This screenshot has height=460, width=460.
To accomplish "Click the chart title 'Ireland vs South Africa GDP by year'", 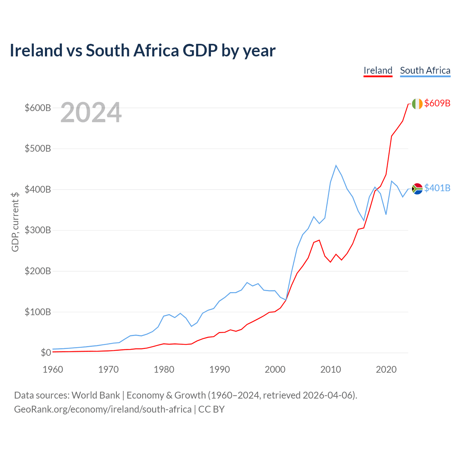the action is [x=143, y=51].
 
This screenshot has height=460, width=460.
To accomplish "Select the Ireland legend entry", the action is [x=378, y=71].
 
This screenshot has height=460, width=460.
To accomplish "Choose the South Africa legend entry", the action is [x=425, y=71].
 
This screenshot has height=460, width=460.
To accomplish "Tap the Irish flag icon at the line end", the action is [x=417, y=103].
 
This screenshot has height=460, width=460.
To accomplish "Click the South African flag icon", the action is [x=417, y=189].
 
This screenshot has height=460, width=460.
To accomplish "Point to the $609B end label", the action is [x=437, y=103].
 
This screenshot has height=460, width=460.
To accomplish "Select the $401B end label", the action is [x=437, y=188].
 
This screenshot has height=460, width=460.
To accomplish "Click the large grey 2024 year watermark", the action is [x=91, y=112].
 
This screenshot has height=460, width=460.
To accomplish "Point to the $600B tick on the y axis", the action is [x=38, y=108].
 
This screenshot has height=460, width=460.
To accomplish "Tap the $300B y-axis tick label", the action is [x=38, y=230].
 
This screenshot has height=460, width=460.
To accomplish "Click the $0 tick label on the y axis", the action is [x=46, y=353].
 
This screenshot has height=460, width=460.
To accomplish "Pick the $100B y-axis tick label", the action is [x=38, y=312].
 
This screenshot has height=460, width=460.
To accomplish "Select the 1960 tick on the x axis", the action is [x=53, y=369].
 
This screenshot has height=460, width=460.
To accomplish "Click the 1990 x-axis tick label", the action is [x=219, y=369].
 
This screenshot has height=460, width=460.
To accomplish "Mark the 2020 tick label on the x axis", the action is [x=386, y=369].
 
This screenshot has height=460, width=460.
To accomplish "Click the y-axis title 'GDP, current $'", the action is [x=15, y=222].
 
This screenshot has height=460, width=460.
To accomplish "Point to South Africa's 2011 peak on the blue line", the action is [x=336, y=165].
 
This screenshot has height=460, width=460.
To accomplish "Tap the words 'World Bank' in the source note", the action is [x=96, y=395].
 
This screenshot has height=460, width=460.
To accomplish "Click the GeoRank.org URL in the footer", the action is [x=103, y=409].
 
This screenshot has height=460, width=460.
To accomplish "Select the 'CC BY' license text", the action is [x=212, y=409].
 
